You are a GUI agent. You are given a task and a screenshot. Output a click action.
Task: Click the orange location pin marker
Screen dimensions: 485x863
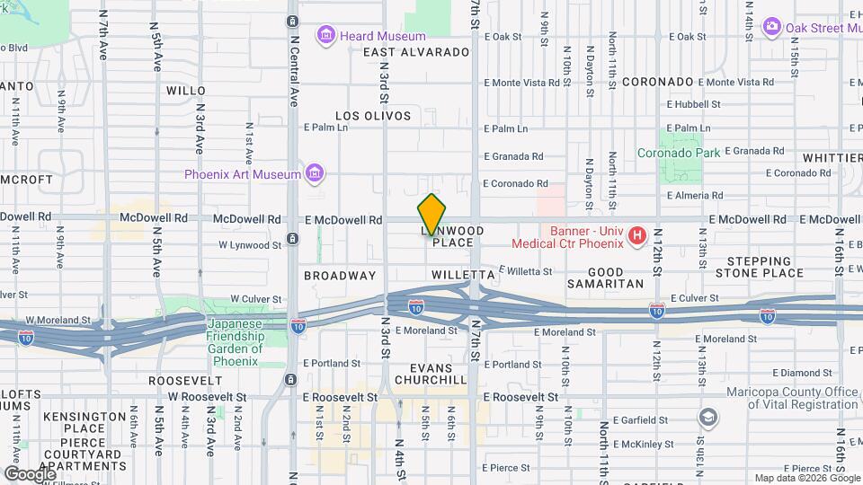tap(431, 214)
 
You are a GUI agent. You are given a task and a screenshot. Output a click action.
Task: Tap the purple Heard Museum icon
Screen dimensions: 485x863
tap(325, 36)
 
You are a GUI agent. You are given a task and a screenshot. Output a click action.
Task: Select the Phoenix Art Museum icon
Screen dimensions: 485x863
tap(314, 173)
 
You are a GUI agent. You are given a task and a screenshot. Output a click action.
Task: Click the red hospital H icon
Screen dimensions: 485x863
tap(637, 237)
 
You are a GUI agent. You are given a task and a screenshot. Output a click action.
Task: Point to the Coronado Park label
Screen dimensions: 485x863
tap(680, 154)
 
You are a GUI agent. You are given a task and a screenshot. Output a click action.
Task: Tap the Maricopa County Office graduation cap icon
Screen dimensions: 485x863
tap(708, 417)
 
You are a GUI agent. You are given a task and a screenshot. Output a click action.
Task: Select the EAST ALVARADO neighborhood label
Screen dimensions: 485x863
tap(416, 52)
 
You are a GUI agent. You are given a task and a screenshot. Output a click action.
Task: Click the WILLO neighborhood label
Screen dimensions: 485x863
tap(186, 91)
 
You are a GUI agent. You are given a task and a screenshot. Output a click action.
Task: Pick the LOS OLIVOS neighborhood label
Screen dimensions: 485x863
tap(373, 116)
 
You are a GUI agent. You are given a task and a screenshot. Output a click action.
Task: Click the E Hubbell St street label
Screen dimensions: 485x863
tap(694, 104)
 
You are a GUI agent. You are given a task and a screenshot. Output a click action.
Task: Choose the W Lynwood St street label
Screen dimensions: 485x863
tap(250, 244)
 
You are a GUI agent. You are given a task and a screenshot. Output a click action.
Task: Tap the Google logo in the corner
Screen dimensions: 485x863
tap(30, 472)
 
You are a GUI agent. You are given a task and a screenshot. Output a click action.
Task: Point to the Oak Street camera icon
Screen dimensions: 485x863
tap(770, 27)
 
